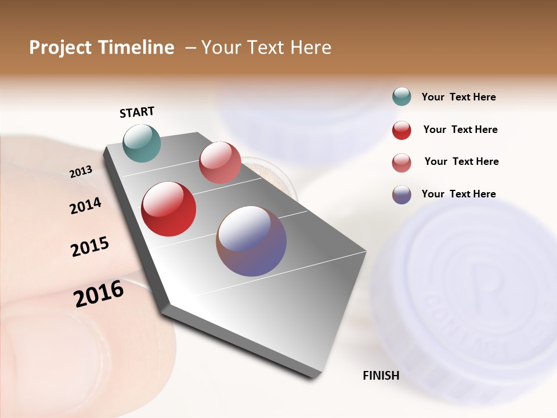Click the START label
coord(137,112)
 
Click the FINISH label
coord(381,376)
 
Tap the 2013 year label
coord(81,171)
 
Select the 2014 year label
coord(85,206)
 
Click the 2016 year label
coord(99,294)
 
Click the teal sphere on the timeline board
coord(142,143)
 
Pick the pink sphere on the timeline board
coord(220,163)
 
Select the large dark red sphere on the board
coord(169,209)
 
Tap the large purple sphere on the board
coord(251,241)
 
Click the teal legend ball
coord(402,97)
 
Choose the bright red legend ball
coord(402,130)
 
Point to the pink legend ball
coord(402,163)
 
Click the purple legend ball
coord(402,194)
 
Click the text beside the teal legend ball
coord(458,97)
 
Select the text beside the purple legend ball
coord(458,194)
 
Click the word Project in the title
coord(60,48)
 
